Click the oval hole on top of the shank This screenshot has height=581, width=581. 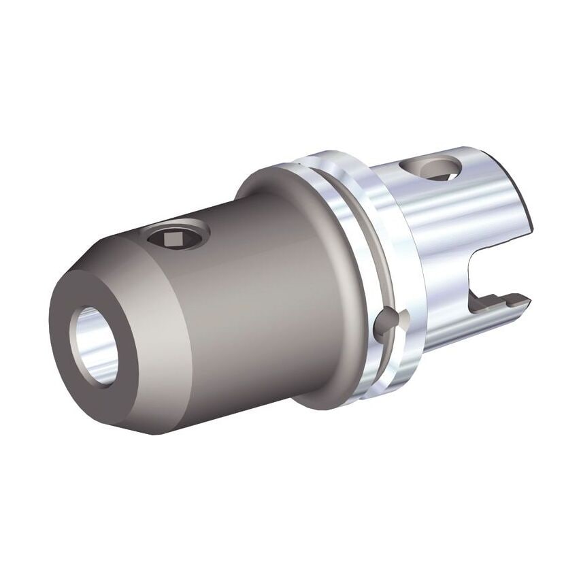pyautogui.click(x=430, y=167)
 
